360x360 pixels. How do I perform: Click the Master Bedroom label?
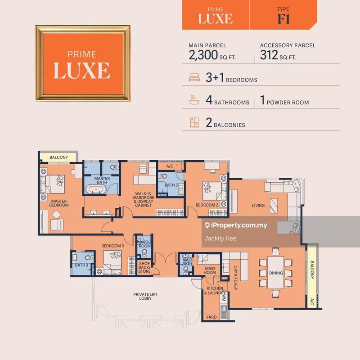[59, 203]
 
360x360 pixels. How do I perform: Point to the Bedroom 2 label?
[206, 205]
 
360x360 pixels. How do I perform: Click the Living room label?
[258, 205]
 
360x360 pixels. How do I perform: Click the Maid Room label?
[210, 270]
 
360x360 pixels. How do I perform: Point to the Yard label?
[211, 317]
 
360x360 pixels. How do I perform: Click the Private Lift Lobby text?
[145, 297]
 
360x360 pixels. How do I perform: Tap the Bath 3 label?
[81, 265]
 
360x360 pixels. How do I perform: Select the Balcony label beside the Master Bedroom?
[58, 157]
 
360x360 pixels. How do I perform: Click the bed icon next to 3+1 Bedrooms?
[194, 78]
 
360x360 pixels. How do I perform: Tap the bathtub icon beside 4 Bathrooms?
[194, 100]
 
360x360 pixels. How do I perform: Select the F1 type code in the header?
[283, 18]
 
